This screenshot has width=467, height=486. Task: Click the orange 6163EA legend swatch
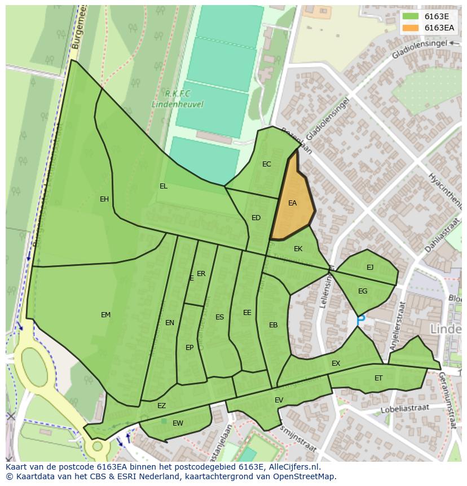tap(411, 28)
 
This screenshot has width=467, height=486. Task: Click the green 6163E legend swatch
tap(411, 16)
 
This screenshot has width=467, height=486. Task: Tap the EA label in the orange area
tap(292, 203)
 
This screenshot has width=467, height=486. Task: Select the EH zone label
tap(104, 199)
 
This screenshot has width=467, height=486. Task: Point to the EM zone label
tap(105, 315)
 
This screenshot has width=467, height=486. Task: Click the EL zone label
tap(164, 186)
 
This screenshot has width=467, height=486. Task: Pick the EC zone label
tap(267, 164)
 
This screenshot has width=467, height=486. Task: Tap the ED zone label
tap(256, 218)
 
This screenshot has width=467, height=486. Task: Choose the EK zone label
tap(298, 249)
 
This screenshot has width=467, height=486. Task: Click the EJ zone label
tap(370, 268)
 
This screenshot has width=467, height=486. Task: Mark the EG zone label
tap(363, 291)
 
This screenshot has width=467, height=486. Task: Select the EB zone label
tap(274, 325)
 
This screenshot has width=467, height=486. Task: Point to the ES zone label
tap(220, 317)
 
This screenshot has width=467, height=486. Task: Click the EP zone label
tap(190, 348)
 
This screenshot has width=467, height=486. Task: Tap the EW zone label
tap(178, 423)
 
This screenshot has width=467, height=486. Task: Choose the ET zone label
tap(378, 378)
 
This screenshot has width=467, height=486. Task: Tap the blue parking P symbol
tap(361, 319)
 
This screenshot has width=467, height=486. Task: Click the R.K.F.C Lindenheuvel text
tap(177, 99)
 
